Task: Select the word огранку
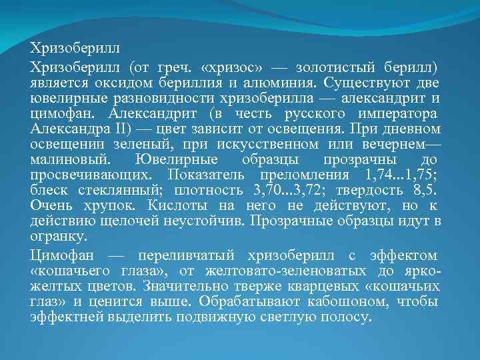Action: pyautogui.click(x=57, y=237)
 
